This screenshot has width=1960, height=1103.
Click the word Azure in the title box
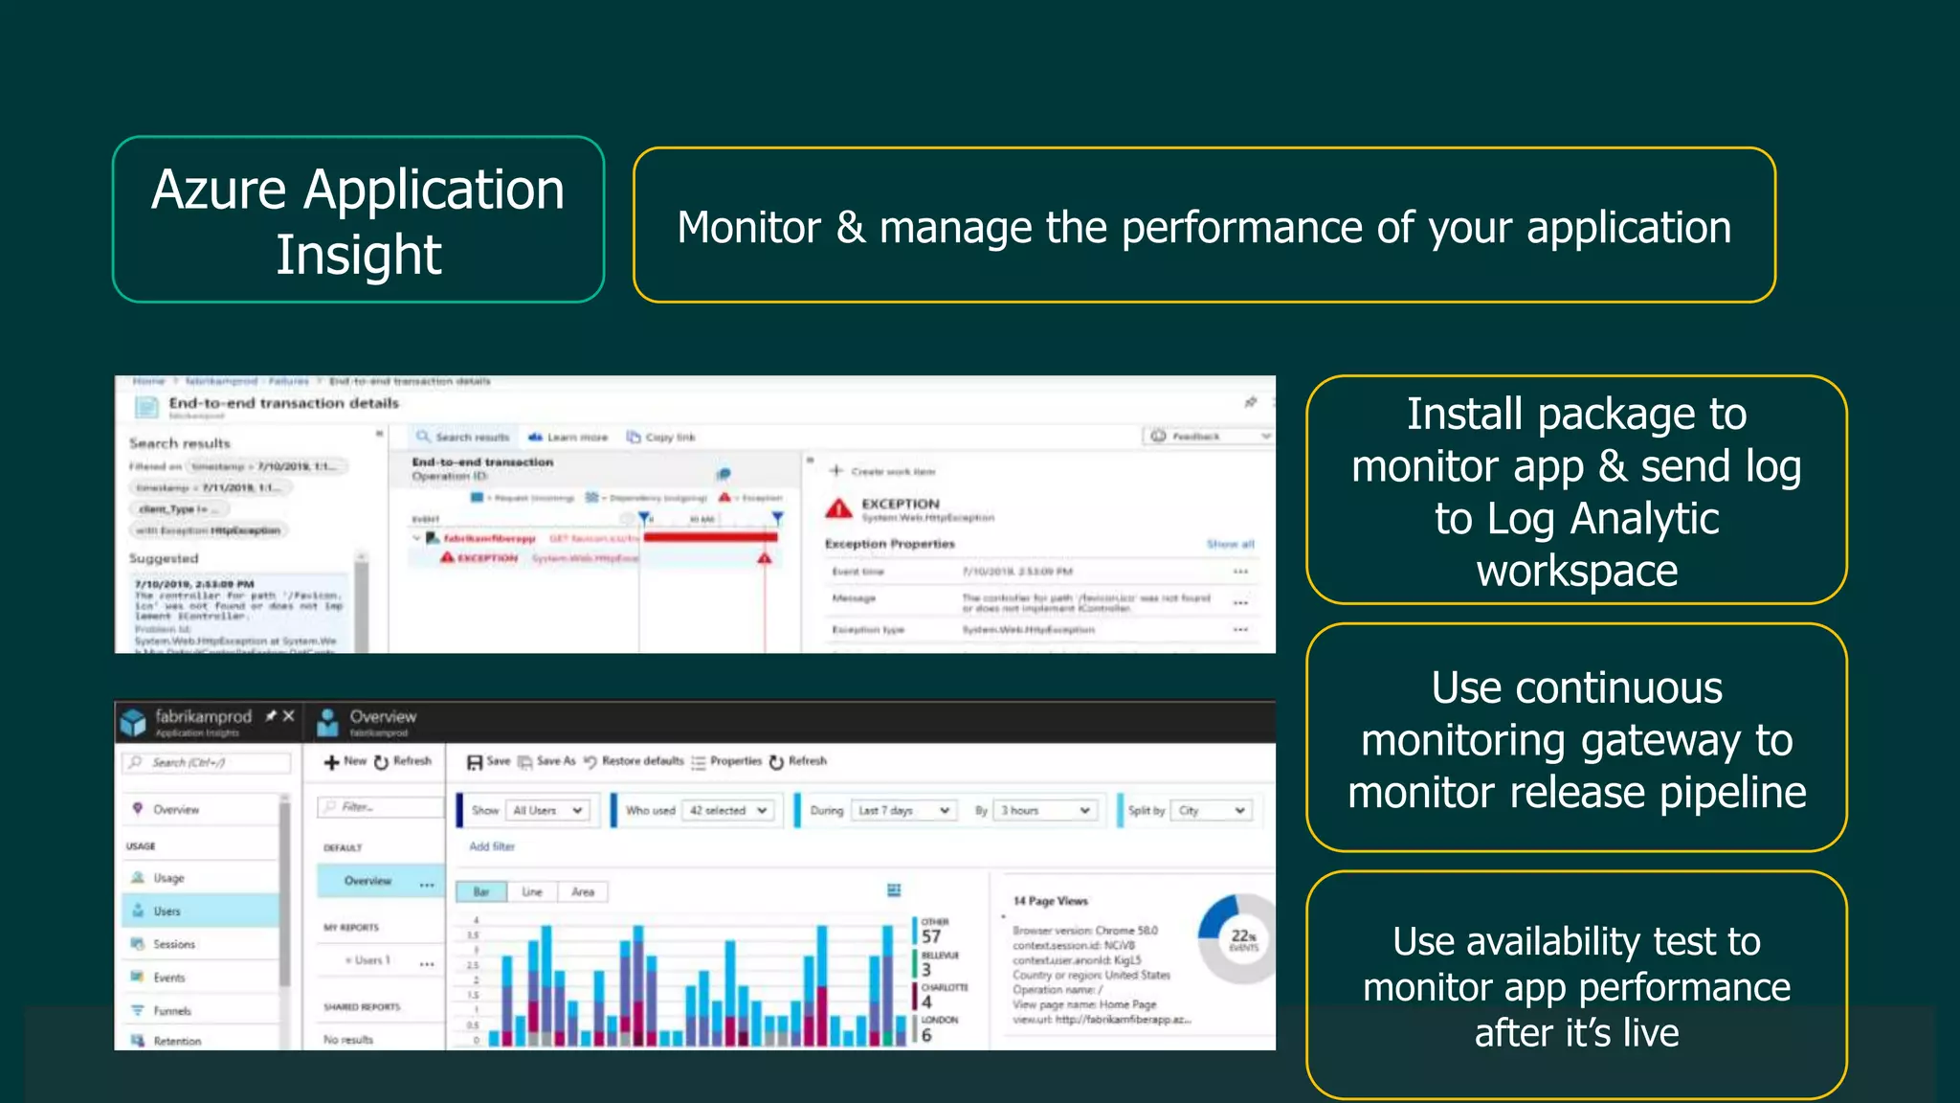[x=218, y=190]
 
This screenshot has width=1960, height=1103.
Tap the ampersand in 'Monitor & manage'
[x=851, y=228]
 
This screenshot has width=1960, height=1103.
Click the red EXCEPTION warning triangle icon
[x=838, y=508]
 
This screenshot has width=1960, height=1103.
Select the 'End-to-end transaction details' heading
[x=283, y=403]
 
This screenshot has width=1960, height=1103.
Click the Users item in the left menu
[x=167, y=911]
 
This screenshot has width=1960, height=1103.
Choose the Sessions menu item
[x=173, y=944]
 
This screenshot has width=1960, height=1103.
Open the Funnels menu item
[x=171, y=1010]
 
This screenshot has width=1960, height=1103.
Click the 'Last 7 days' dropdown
[x=903, y=810]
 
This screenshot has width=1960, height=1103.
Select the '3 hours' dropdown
[x=1045, y=810]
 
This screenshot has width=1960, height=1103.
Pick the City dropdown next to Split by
[x=1212, y=810]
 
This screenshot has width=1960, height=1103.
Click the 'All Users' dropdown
[x=546, y=810]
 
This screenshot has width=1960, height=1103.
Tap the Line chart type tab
[x=532, y=892]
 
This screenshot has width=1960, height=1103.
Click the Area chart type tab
[x=583, y=892]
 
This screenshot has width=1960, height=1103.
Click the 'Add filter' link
[x=492, y=846]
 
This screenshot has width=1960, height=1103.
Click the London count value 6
[x=926, y=1034]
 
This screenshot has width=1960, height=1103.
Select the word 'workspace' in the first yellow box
[x=1576, y=572]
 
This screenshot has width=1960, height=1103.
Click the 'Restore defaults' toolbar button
[x=635, y=761]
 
